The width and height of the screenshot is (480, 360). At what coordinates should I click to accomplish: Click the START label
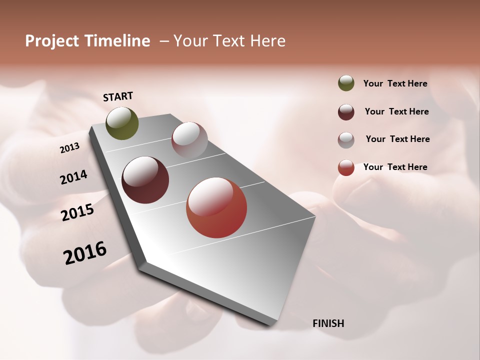click(x=118, y=96)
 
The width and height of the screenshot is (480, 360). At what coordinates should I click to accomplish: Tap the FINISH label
click(x=328, y=323)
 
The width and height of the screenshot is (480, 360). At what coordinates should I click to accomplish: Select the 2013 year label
click(x=70, y=148)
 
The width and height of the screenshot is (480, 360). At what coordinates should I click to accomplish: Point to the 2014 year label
click(x=74, y=177)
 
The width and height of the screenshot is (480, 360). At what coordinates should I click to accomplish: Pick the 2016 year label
click(x=85, y=253)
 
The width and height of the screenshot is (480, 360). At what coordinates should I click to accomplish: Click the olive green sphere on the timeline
click(x=122, y=123)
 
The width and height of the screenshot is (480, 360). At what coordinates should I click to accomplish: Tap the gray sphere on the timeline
click(x=189, y=140)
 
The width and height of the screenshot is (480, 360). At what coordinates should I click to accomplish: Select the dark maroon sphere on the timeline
click(x=145, y=180)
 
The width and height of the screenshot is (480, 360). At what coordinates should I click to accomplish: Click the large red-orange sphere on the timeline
click(x=216, y=207)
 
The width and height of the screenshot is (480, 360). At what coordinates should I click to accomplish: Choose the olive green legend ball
click(x=346, y=83)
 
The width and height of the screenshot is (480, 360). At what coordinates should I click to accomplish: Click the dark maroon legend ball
click(x=346, y=112)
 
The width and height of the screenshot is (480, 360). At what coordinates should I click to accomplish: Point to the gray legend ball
click(x=346, y=140)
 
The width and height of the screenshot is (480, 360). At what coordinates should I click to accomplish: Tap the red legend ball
click(x=346, y=167)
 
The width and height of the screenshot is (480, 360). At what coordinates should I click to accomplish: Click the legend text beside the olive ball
click(x=395, y=83)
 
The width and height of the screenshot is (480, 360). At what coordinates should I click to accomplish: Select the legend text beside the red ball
click(x=395, y=167)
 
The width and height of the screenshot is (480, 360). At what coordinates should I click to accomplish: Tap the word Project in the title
click(x=52, y=41)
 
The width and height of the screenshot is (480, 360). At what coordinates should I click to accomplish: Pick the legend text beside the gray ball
click(x=397, y=139)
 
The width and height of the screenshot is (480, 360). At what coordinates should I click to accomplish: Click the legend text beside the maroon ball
click(x=396, y=111)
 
